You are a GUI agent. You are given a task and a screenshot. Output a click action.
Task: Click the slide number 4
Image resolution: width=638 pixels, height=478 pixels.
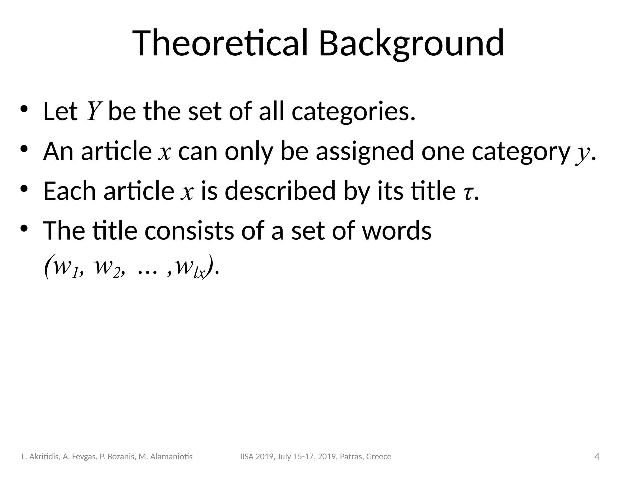pos(597,457)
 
